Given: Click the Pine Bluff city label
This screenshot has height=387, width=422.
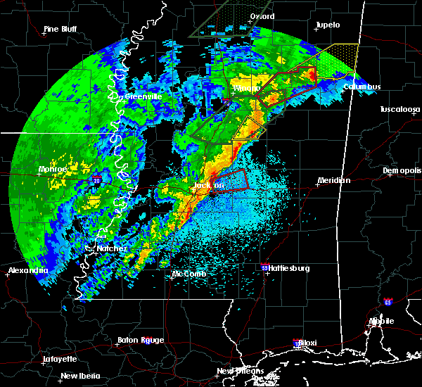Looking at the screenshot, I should coord(60,29).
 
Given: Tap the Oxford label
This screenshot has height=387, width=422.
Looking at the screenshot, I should coord(262,16).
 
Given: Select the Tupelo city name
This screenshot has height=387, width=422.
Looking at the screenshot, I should coord(328,25).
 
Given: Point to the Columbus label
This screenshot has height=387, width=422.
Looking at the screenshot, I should coord(362,87).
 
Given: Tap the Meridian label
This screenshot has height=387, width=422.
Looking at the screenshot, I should coord(334,180).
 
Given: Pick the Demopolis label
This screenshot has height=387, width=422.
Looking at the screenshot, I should coord(402,171).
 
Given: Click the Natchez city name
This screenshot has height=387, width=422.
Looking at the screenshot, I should coord(112,248).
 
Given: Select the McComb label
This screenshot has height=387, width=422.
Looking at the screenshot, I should coord(188,274).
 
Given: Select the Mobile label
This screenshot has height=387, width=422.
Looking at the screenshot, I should coord(383,321).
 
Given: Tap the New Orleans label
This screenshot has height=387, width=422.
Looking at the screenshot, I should coord(240,371).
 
